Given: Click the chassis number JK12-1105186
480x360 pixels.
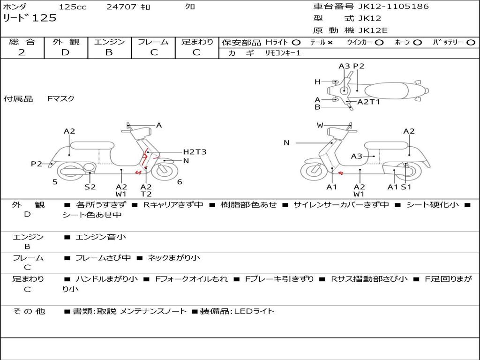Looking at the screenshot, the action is coord(394,7).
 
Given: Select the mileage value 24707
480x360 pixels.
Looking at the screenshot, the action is coord(121,7).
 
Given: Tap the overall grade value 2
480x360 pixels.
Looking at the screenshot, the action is coord(22,52).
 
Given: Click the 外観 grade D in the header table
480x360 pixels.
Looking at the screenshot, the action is coord(65,52).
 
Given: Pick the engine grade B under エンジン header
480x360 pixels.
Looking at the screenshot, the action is coord(109,52).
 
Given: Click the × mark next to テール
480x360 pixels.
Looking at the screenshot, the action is coord(330,43).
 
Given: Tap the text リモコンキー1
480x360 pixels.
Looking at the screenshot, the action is coord(283,53).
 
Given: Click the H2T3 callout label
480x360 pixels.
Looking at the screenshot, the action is coord(195,152).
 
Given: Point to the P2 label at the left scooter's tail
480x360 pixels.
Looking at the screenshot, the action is coord(37,164).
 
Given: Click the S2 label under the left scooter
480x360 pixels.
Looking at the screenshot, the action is coord(90,187).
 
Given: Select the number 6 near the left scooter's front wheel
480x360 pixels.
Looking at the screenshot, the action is coord(180,182).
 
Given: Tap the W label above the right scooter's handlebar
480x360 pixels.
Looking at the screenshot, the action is coord(320,125).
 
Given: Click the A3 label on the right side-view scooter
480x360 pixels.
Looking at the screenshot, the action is coord(357,157).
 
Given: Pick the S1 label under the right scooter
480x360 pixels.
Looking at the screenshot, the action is coord(406,187).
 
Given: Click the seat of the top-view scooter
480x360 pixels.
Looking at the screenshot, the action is coord(387,91).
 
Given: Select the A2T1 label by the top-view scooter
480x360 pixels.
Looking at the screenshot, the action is coord(368,102).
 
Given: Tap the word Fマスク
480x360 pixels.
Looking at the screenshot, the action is coord(61,98).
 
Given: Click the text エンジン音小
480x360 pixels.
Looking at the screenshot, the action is coord(101,237).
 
